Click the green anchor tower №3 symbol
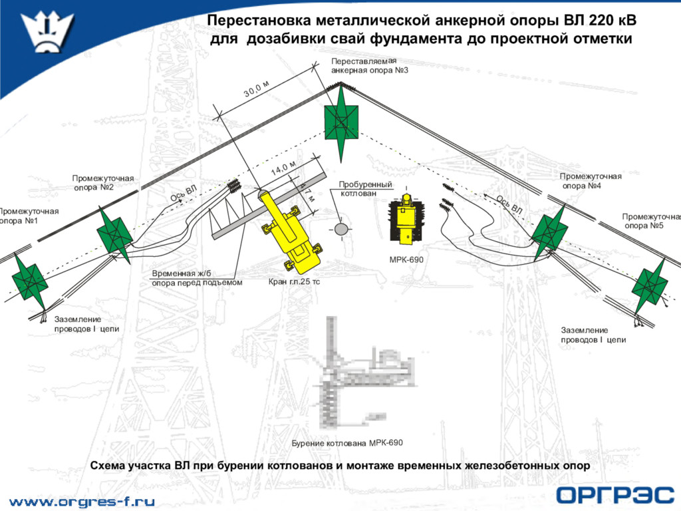click(341, 123)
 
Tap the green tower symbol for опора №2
click(114, 235)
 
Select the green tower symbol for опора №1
click(30, 282)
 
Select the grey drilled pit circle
click(340, 229)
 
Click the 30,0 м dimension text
click(256, 88)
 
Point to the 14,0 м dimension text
click(283, 168)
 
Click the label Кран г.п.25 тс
click(294, 281)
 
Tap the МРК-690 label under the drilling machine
click(406, 260)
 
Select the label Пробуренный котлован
click(365, 188)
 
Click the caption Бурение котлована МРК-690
click(347, 442)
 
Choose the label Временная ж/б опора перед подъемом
click(197, 278)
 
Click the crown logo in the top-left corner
click(48, 31)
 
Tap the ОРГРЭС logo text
click(615, 495)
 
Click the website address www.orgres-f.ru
click(82, 502)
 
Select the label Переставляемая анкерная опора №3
click(370, 66)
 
